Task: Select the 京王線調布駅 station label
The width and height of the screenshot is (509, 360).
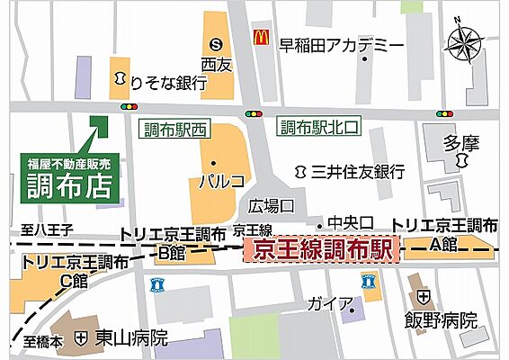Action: pos(323,250)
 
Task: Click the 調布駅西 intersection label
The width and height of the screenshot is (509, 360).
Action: pos(175,130)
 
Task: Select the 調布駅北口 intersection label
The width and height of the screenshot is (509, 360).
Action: pos(318,128)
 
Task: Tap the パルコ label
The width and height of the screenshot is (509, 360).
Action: pos(221,180)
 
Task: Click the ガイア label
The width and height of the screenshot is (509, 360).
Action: pos(322,303)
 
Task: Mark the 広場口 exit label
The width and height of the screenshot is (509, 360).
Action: pos(272,205)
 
